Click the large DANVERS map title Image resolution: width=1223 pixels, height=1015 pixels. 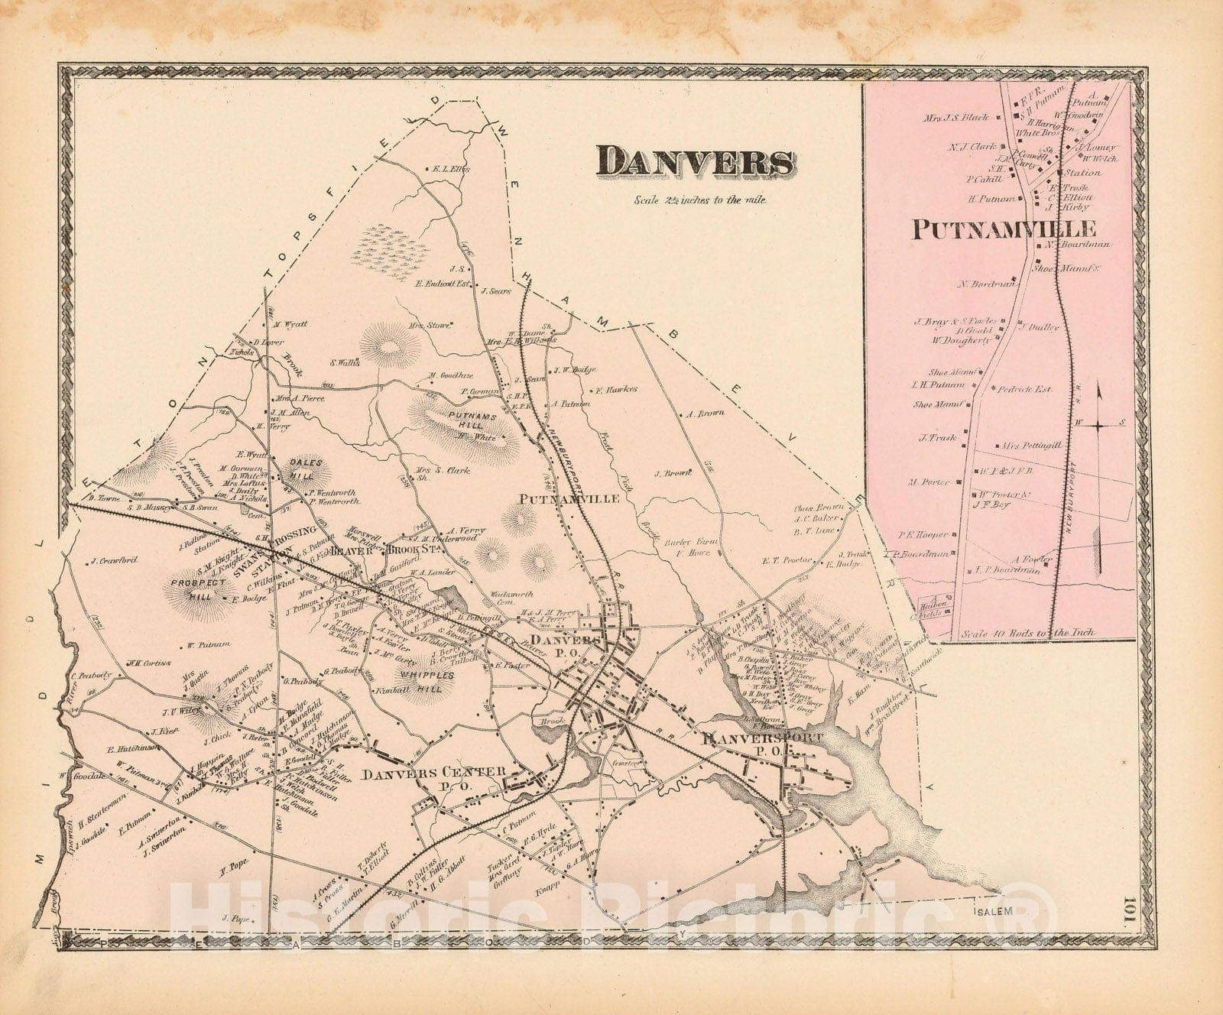(696, 162)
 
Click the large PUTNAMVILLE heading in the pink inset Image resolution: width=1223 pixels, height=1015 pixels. (1003, 229)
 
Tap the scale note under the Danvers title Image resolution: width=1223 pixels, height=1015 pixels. (699, 200)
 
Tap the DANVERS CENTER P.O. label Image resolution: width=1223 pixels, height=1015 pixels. (434, 777)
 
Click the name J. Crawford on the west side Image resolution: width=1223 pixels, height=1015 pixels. (112, 560)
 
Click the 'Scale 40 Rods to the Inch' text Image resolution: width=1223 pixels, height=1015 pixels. (1028, 633)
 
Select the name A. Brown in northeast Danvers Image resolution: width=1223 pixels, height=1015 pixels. (704, 413)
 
